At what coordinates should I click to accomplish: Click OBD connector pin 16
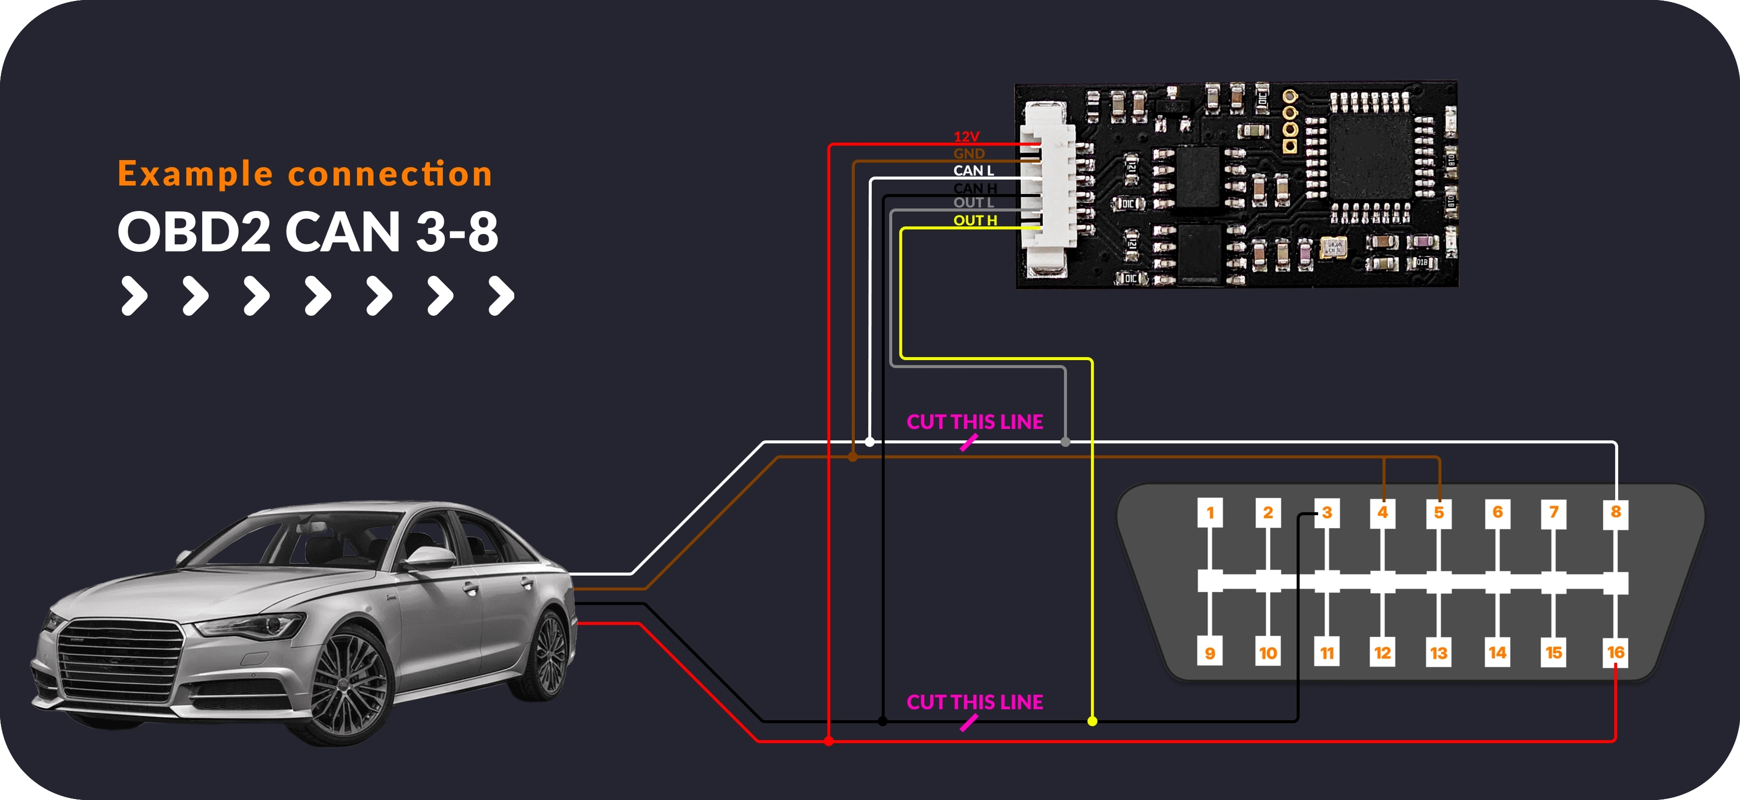(x=1615, y=652)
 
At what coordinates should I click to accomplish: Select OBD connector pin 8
(x=1615, y=512)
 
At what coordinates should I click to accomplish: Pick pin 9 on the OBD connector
(x=1210, y=653)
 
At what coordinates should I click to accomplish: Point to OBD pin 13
(x=1439, y=653)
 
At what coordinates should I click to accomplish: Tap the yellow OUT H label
(x=975, y=220)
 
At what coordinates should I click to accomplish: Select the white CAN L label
(x=973, y=171)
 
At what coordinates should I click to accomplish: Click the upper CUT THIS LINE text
(x=975, y=422)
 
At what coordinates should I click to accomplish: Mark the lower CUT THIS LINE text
(x=975, y=702)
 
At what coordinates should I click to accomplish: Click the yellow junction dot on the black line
(x=1092, y=721)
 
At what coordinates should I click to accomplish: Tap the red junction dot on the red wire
(x=829, y=741)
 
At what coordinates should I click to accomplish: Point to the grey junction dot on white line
(x=1065, y=442)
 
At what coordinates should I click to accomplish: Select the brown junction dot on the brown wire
(x=853, y=457)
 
